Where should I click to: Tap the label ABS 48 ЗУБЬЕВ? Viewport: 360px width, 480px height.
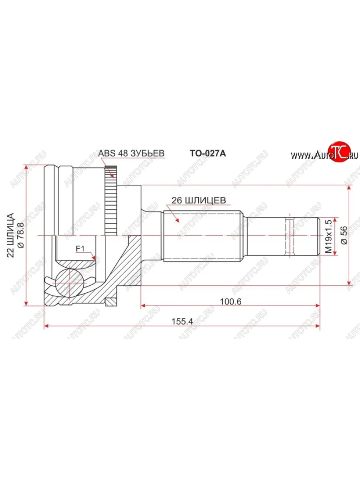132,154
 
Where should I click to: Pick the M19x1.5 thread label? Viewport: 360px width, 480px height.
328,236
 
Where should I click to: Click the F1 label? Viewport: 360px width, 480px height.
79,248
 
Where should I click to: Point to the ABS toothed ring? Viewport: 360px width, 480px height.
111,200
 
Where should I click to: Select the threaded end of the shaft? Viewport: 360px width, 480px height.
302,236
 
